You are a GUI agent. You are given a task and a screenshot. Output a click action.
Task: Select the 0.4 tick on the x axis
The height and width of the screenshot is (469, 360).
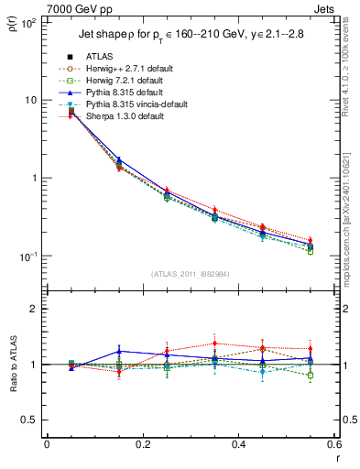[238, 444]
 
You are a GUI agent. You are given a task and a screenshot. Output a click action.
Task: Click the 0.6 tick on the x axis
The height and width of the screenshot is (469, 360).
[333, 444]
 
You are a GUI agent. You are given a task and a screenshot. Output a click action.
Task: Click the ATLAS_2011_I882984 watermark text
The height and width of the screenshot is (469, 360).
[189, 275]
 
